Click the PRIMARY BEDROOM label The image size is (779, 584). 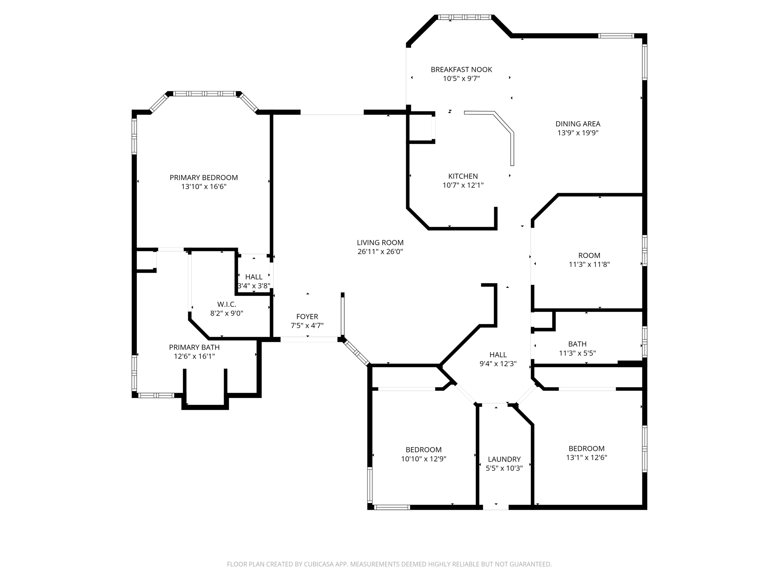click(x=203, y=178)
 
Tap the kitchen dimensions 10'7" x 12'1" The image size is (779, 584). click(x=463, y=186)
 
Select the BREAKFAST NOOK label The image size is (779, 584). click(x=461, y=70)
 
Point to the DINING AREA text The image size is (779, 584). click(x=578, y=124)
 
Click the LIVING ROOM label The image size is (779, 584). click(x=380, y=243)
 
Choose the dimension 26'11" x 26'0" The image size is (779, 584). click(x=380, y=252)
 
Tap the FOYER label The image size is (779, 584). click(x=307, y=317)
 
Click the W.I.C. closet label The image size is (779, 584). click(x=227, y=305)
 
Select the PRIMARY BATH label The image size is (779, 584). click(x=194, y=348)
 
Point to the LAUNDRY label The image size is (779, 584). click(x=504, y=459)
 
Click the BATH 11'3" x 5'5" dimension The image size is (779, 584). click(x=577, y=353)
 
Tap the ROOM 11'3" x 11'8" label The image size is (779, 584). click(x=589, y=255)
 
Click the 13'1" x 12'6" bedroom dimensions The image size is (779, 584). click(x=586, y=458)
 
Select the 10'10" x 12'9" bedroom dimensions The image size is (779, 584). click(x=423, y=459)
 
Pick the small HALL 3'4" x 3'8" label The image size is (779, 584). click(x=254, y=277)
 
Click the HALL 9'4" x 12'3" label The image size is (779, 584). click(x=498, y=355)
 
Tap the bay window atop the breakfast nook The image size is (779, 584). click(x=464, y=17)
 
